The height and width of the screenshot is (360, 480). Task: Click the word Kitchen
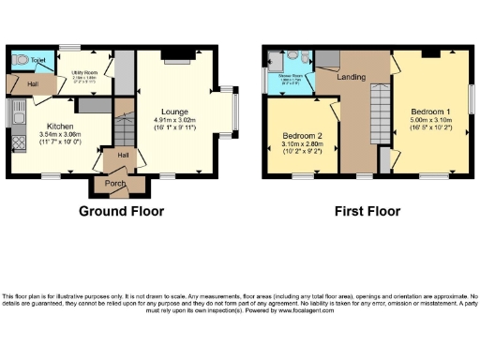pos(57,127)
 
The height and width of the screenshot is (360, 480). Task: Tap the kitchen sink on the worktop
pos(17,116)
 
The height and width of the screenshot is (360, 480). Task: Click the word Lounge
pos(172,112)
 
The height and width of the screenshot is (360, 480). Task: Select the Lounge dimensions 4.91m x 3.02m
pos(172,120)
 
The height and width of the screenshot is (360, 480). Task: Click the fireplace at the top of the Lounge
pos(176,56)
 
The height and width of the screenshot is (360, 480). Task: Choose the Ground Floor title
pos(116,211)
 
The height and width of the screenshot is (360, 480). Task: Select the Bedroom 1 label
pos(432,112)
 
